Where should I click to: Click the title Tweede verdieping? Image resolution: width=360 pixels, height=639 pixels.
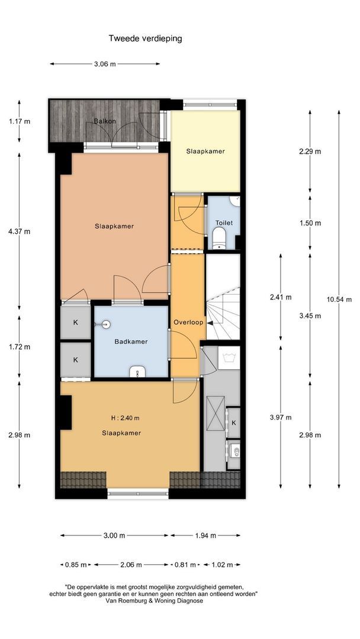pos(145,38)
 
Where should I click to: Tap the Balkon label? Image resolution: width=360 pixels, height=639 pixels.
pos(105,121)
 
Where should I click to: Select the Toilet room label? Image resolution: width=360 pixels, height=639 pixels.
pos(224,223)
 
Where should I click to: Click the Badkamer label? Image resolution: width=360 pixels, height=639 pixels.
pos(131,341)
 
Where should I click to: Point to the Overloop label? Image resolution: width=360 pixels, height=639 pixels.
pos(188,322)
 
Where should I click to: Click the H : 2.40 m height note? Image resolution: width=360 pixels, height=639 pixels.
pos(125,418)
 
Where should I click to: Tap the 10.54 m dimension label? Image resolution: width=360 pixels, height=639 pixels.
pos(339,299)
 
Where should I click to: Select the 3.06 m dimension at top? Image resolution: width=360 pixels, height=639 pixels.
pos(105,63)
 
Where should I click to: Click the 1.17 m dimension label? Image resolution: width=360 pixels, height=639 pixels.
pos(19,121)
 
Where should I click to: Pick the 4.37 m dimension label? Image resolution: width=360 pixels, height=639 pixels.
pos(19,231)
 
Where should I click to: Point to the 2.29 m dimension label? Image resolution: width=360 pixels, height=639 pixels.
pos(310,151)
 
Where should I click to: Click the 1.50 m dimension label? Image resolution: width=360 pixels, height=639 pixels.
pos(310,223)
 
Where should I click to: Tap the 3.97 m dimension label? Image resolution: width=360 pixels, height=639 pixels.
pos(281,417)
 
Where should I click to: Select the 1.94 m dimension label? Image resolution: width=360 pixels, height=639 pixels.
pos(205,535)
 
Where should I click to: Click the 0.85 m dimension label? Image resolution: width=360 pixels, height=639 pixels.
pos(76,565)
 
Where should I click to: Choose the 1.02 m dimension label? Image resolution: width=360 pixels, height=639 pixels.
pos(222,565)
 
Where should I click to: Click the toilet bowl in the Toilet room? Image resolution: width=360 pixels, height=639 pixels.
pos(220,238)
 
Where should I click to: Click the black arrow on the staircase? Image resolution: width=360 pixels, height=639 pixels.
pos(211,323)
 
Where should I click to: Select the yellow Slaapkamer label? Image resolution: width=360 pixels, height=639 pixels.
pos(205,151)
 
